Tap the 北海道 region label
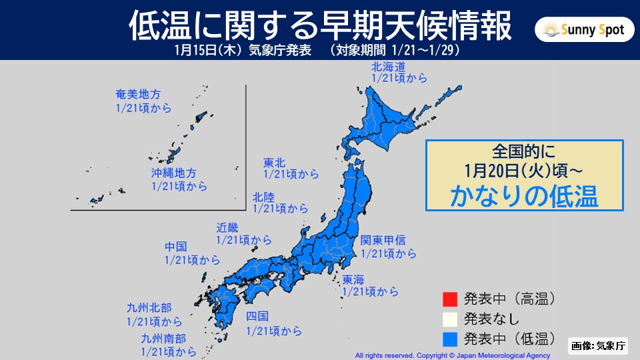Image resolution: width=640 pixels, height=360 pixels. coord(388,67)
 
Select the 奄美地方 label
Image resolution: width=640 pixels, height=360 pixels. coord(137,95)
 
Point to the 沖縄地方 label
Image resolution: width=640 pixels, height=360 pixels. coord(174,173)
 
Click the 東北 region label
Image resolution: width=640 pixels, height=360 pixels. coord(275,163)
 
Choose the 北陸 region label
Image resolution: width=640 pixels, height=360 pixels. coord(263,197)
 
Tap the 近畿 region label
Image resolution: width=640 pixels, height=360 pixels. coord(227,227)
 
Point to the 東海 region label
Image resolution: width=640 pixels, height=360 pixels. coord(353,279)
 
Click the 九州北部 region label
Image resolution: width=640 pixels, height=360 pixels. coord(149,309)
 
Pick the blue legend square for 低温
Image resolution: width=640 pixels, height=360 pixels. coord(447,338)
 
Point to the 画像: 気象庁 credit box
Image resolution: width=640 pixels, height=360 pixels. coord(598,345)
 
